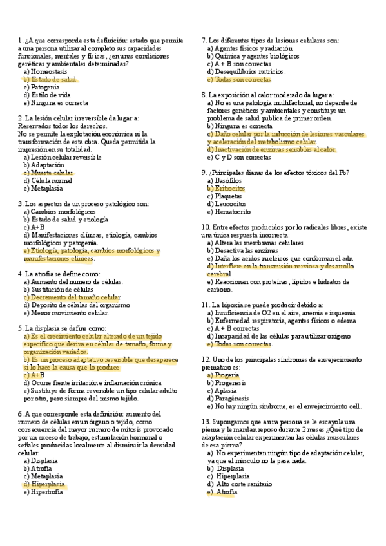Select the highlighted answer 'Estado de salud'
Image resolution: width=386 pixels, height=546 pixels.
click(54, 79)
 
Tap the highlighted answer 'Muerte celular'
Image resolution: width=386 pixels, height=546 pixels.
click(52, 173)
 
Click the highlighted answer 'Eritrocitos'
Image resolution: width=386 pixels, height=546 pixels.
click(229, 188)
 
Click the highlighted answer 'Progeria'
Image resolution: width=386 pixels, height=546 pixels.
click(227, 374)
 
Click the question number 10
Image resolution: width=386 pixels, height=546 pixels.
click(206, 227)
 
